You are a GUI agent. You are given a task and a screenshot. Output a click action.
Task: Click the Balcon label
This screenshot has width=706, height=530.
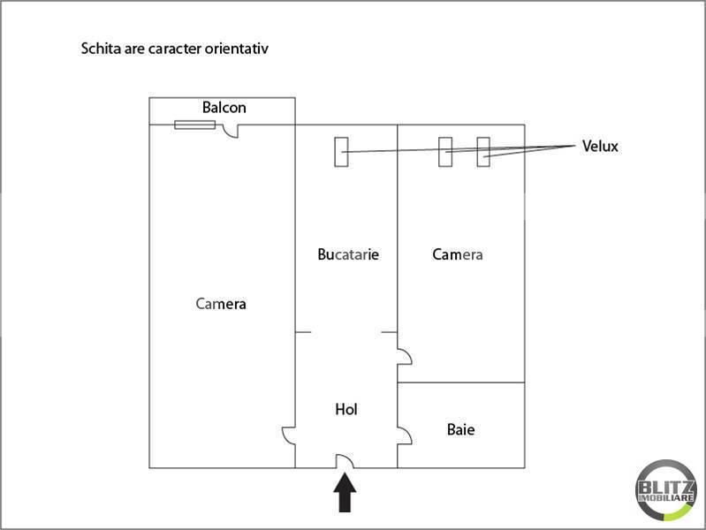tap(224, 108)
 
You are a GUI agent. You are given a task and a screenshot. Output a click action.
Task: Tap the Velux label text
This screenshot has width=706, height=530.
tap(600, 147)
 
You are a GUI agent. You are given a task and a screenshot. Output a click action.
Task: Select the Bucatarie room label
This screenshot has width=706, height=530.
tap(348, 254)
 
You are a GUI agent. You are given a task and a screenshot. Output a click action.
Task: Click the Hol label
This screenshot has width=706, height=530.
tap(346, 410)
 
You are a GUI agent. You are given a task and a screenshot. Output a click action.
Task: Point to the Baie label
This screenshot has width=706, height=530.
tap(460, 430)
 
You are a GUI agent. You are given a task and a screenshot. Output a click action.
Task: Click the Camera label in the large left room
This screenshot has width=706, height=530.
tap(221, 304)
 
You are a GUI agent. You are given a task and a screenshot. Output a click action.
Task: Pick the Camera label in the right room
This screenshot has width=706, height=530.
tap(458, 254)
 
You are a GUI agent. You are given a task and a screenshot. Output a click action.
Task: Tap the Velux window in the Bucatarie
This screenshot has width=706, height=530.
tap(341, 151)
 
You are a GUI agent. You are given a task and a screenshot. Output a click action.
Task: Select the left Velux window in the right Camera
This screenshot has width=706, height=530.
tap(446, 151)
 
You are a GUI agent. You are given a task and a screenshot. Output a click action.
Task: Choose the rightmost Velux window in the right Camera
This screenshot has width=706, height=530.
tap(483, 151)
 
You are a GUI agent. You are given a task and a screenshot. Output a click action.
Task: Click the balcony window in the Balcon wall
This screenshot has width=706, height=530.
tap(194, 125)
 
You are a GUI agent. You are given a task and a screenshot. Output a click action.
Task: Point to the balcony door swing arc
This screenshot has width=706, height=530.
tap(232, 132)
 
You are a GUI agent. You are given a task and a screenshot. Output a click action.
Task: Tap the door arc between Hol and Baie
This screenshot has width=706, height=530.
tap(404, 435)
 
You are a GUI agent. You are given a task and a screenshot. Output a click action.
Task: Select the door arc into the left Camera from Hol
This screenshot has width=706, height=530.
tap(288, 435)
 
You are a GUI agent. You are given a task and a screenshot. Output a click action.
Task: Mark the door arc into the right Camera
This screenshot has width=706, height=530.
tap(404, 357)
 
